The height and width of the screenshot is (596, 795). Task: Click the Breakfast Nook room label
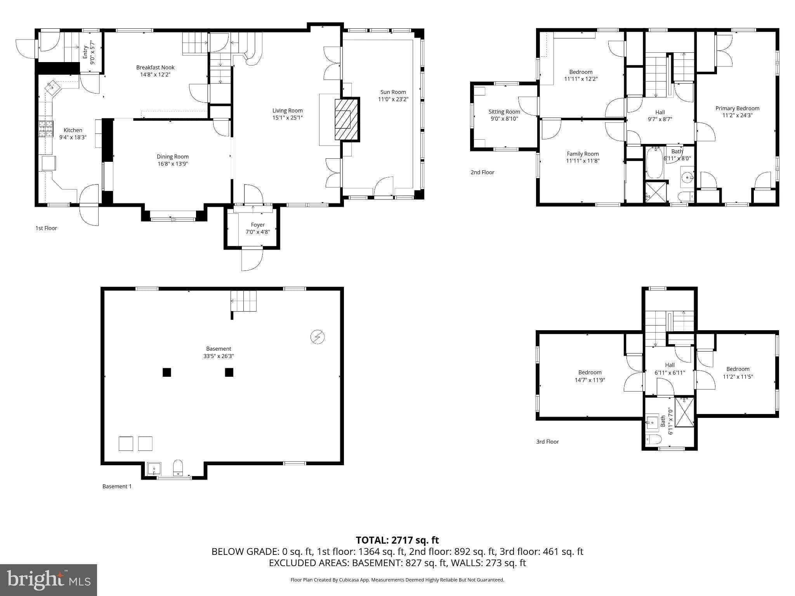155,68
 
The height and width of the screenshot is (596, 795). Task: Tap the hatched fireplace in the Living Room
347,120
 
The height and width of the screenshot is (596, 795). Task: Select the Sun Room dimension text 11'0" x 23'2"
393,99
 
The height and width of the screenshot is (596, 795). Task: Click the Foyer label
258,225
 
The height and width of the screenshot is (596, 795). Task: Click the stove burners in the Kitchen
45,129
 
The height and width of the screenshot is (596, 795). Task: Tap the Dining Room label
173,156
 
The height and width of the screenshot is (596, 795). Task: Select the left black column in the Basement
167,372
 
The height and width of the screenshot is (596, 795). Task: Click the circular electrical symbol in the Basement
317,337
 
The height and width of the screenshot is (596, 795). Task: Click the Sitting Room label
504,112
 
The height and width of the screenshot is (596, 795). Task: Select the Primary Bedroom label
737,108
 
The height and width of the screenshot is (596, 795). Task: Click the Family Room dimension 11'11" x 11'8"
583,161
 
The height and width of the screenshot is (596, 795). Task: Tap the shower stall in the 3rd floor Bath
684,412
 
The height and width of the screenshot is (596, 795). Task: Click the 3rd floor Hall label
670,365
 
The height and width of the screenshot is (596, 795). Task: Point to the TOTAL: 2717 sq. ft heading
397,540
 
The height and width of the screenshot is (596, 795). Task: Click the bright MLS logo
49,580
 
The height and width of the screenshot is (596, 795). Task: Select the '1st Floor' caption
46,228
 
